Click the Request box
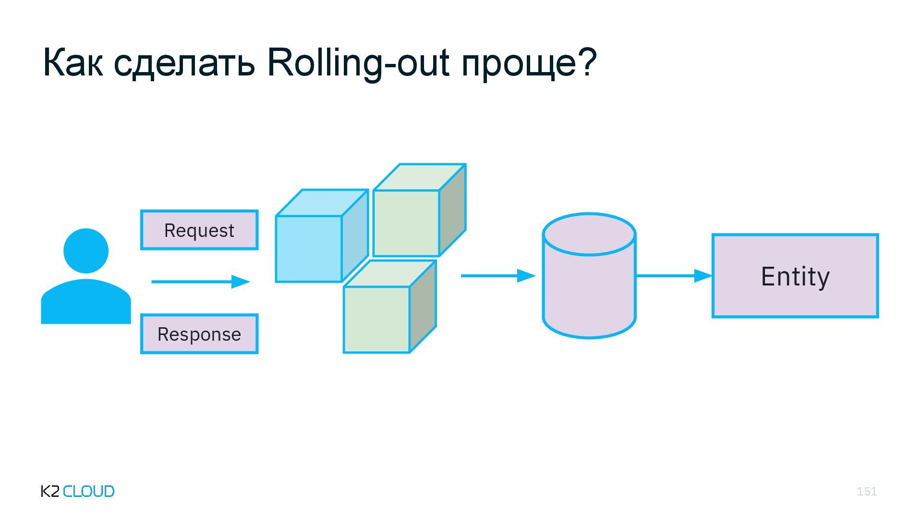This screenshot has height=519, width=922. [x=199, y=230]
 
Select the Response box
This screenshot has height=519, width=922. [x=199, y=334]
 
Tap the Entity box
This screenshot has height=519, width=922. [x=795, y=276]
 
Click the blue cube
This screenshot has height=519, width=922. [x=309, y=248]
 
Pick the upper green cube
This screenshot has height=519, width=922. [x=406, y=223]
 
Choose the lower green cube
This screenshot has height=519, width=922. [x=377, y=320]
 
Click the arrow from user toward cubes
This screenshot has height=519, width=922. [x=201, y=282]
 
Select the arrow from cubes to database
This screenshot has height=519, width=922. [x=498, y=276]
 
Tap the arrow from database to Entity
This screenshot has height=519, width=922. [x=674, y=276]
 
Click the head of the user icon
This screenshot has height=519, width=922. [x=86, y=251]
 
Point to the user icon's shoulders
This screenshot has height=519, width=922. [x=86, y=303]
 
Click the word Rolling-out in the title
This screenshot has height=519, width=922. [x=358, y=62]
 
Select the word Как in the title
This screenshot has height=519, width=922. [x=73, y=62]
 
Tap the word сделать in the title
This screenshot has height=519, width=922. [x=184, y=62]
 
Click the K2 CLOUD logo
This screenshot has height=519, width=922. [x=78, y=491]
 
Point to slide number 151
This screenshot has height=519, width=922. [x=866, y=491]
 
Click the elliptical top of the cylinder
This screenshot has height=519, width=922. [x=589, y=235]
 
